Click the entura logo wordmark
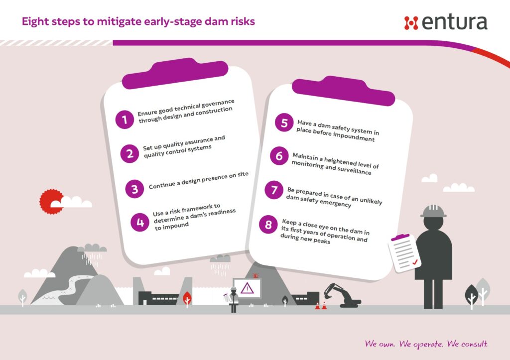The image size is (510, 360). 454,22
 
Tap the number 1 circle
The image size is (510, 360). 125,120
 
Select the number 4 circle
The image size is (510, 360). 140,222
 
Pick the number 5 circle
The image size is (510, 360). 284,122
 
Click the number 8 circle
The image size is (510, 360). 268,225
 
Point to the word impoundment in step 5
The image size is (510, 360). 354,136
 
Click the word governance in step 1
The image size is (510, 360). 218,104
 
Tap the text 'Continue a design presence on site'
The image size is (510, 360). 198,180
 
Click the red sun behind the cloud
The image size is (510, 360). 51,202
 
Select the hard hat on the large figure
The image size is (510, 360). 433,211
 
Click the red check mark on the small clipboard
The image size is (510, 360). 415,262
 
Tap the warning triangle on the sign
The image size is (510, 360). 247,288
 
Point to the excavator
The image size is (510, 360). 342,295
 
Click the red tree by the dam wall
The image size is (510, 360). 187,300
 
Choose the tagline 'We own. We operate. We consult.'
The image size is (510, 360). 426,344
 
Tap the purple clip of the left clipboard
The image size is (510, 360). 175,74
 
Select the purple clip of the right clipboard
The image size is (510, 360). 344,91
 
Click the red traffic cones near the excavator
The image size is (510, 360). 321,306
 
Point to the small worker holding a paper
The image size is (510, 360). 233,300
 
